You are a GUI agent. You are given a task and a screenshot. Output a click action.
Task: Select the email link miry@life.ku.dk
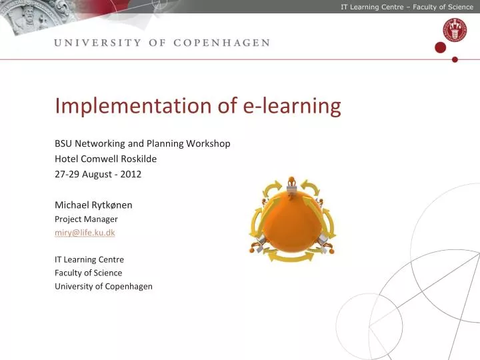(85, 232)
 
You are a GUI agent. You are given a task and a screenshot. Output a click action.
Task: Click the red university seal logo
(455, 29)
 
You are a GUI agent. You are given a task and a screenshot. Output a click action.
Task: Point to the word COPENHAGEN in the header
(221, 43)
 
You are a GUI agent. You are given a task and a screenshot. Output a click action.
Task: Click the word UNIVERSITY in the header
(97, 43)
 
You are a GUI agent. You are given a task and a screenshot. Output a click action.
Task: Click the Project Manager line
(86, 219)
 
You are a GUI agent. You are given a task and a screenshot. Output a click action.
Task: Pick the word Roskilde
(138, 159)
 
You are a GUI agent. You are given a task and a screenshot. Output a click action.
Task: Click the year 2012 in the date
(131, 174)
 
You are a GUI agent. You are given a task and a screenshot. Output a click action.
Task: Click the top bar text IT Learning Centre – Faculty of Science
(407, 7)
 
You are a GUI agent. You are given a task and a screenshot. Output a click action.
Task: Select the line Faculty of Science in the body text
(88, 273)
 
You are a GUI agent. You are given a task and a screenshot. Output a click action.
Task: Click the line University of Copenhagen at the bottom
(103, 287)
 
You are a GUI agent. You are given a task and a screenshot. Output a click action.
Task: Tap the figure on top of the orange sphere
(291, 184)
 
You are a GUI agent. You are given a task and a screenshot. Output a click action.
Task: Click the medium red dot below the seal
(440, 47)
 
